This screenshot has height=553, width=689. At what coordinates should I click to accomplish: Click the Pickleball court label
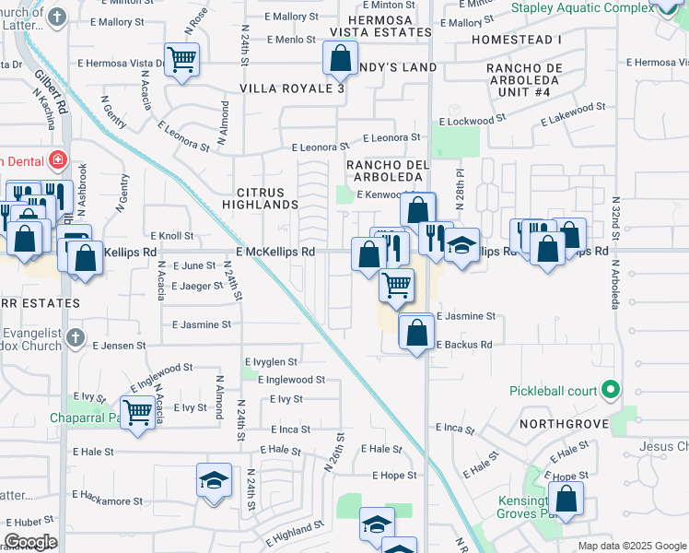(554, 391)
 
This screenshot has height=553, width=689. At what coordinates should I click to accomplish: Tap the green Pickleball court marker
(609, 391)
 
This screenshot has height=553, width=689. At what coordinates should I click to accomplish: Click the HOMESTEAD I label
(516, 40)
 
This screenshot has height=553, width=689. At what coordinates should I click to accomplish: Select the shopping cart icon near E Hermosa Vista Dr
(182, 60)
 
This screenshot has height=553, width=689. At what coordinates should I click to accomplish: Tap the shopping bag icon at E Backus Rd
(417, 331)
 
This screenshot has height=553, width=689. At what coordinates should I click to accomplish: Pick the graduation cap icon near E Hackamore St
(213, 479)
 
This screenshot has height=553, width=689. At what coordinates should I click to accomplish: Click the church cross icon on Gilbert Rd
(57, 18)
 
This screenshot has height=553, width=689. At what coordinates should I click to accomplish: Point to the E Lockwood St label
(473, 121)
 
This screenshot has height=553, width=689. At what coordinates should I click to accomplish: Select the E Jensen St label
(119, 346)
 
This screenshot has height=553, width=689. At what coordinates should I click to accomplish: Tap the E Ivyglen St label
(271, 362)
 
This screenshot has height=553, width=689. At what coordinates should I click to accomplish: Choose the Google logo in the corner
(30, 541)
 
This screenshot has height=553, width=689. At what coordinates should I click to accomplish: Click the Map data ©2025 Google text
(631, 546)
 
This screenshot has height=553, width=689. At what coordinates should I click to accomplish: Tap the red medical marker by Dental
(57, 159)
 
